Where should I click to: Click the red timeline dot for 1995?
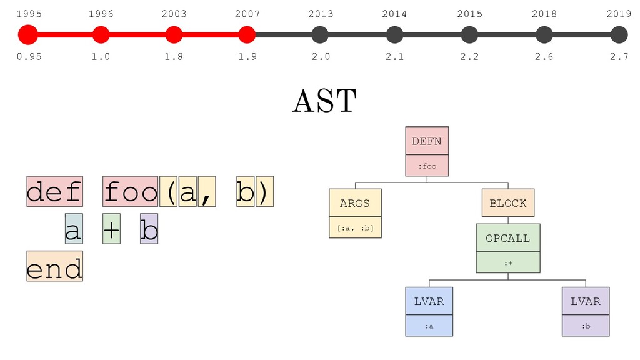[x=28, y=35]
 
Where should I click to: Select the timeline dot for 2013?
[x=320, y=35]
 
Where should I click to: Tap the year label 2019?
[x=619, y=14]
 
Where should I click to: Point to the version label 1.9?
[x=247, y=56]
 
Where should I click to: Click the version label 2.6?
[x=544, y=56]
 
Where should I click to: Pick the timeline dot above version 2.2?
[x=469, y=35]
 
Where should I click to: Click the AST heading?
[x=324, y=101]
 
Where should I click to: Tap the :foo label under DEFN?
[x=427, y=166]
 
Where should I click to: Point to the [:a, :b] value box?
[x=355, y=227]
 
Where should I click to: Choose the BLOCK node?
[x=508, y=203]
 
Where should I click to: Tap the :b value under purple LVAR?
[x=586, y=326]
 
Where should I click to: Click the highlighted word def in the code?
[x=55, y=191]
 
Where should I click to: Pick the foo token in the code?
[x=130, y=191]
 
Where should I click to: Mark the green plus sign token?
[x=111, y=229]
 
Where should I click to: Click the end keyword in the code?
[x=55, y=266]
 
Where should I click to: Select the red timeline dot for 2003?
[x=174, y=35]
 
